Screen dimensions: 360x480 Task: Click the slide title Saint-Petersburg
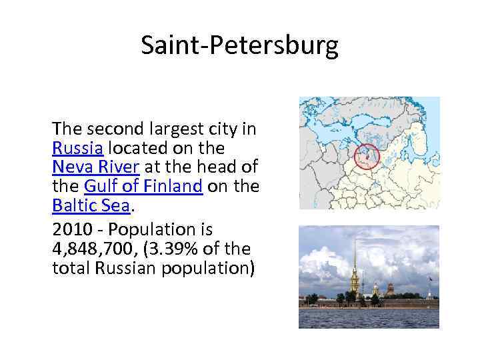point(239,45)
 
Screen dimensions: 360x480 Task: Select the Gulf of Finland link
point(143,187)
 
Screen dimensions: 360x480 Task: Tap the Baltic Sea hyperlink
point(91,207)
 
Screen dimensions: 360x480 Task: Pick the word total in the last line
point(70,269)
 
